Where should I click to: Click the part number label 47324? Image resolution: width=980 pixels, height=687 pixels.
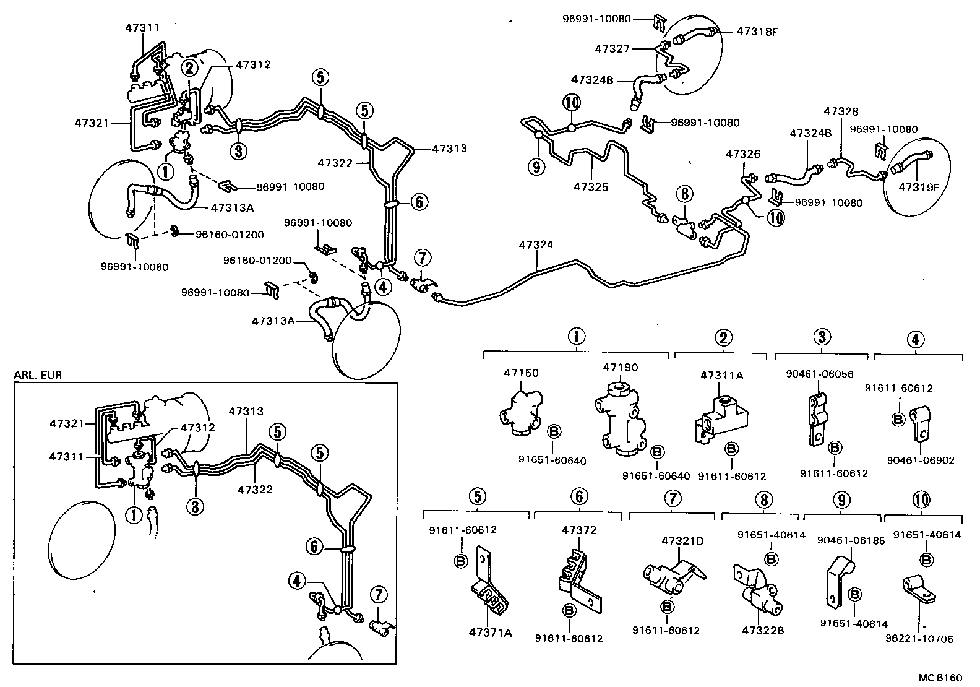point(536,245)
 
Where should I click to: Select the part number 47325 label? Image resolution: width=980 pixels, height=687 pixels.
point(591,186)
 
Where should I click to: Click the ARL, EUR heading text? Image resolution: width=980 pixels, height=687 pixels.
point(38,375)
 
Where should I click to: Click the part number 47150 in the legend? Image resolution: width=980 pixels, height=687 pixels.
point(521,373)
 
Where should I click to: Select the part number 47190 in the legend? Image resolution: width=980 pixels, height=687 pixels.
point(621,368)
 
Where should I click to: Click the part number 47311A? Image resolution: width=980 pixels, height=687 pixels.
point(721,375)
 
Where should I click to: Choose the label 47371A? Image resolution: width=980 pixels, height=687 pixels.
point(490,632)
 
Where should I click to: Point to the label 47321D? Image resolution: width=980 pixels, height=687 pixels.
point(682,540)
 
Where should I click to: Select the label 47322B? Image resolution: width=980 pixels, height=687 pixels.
point(763,631)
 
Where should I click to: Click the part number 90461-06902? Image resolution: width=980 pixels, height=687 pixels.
point(920,460)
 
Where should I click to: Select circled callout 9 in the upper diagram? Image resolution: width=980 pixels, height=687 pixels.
point(536,165)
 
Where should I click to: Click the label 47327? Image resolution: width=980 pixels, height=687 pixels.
point(612,48)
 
